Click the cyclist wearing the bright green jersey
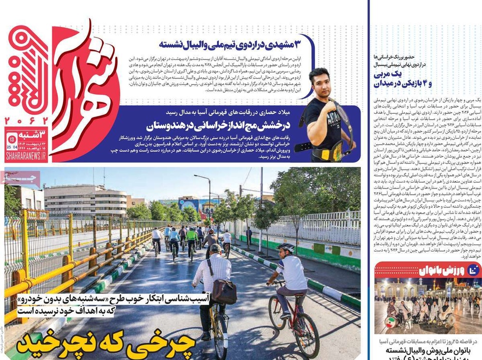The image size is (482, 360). click(x=192, y=236)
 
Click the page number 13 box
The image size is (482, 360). click(x=12, y=140)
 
